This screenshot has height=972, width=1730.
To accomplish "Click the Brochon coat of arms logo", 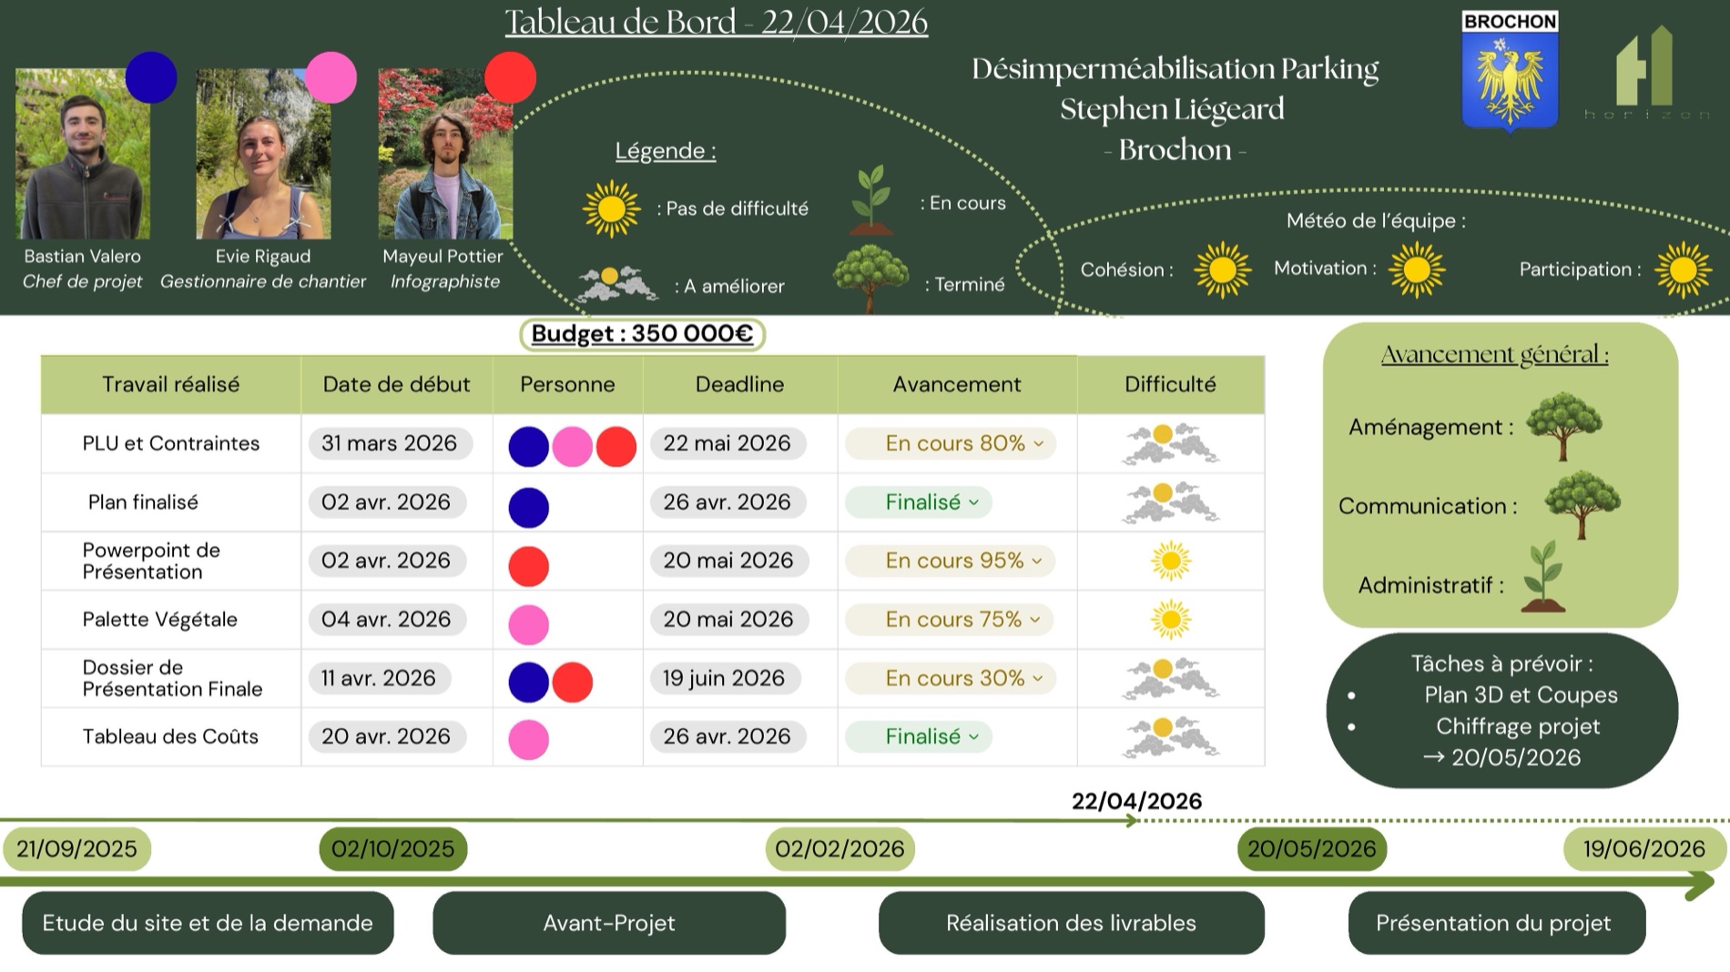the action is pos(1510,72).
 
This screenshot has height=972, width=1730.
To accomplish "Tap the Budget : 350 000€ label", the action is pos(642,334).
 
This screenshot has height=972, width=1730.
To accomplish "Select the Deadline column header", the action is pos(739,384).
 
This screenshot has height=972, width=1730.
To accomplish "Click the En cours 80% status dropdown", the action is pos(951,443).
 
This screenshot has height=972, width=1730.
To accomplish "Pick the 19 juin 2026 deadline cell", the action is pos(724,678).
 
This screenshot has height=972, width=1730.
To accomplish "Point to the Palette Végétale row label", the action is pos(160,620).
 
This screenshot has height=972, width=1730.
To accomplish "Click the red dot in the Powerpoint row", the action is pos(529,566).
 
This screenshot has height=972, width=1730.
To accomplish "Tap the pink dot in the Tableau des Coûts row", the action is pos(529,740).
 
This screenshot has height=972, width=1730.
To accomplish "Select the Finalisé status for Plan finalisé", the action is pos(919,502).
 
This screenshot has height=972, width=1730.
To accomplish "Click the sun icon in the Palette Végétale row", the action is pos(1171,620).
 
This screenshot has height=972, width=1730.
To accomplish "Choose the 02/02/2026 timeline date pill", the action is pos(840,849).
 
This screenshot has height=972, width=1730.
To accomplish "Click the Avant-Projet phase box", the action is pos(609,923).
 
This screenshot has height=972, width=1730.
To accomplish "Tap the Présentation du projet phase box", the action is pos(1497,923).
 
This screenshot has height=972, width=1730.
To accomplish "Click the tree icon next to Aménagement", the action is pos(1564,426).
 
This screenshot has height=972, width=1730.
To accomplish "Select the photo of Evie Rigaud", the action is pos(263,154).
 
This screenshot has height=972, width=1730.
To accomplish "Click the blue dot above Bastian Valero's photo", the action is pos(151,77).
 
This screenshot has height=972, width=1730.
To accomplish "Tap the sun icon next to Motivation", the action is pos(1417,269).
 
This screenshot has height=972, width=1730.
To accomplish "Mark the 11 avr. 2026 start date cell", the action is pos(379,678).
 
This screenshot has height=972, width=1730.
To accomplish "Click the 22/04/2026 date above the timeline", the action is pos(1136,801).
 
